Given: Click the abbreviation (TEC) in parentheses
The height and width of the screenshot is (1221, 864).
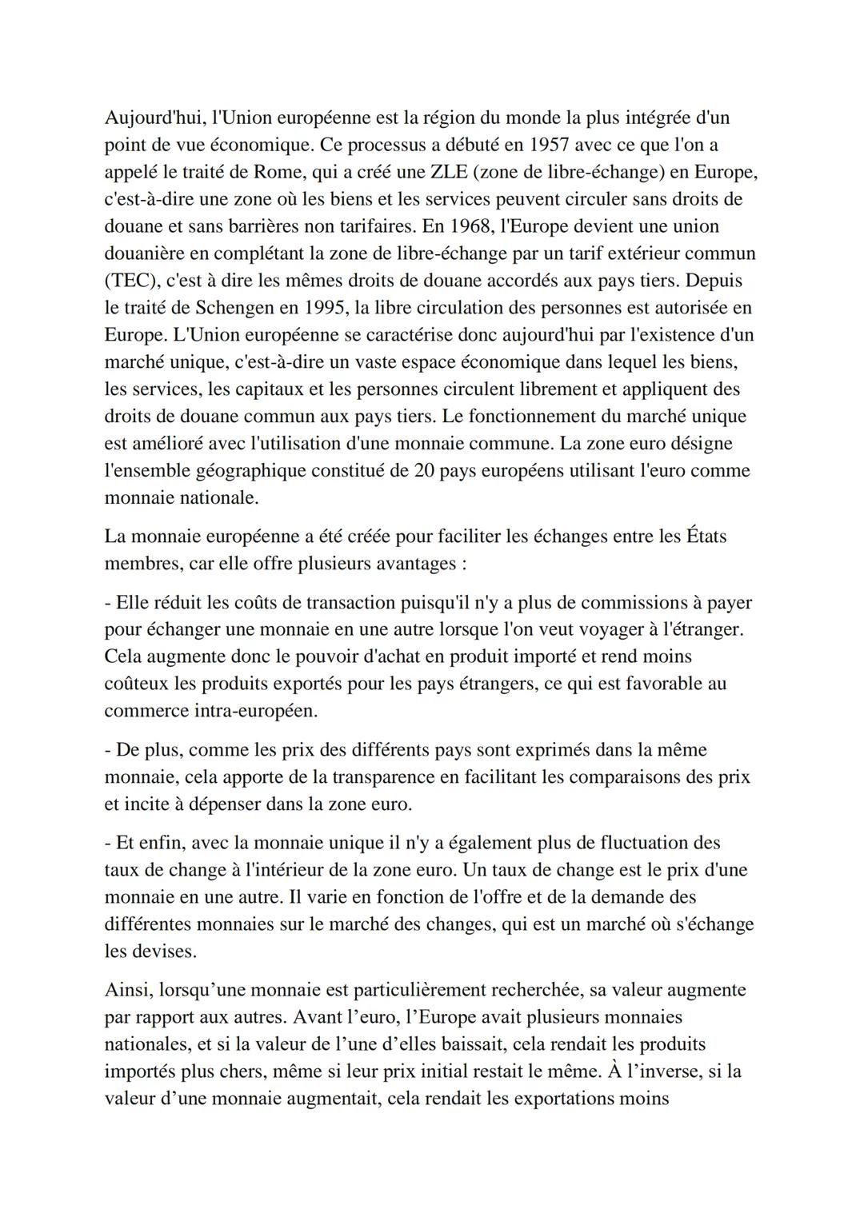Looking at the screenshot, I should coord(130,281).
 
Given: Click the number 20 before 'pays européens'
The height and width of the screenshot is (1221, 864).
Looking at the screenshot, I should coord(425,470).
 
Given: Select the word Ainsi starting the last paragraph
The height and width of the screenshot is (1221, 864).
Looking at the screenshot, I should coord(128,990).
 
